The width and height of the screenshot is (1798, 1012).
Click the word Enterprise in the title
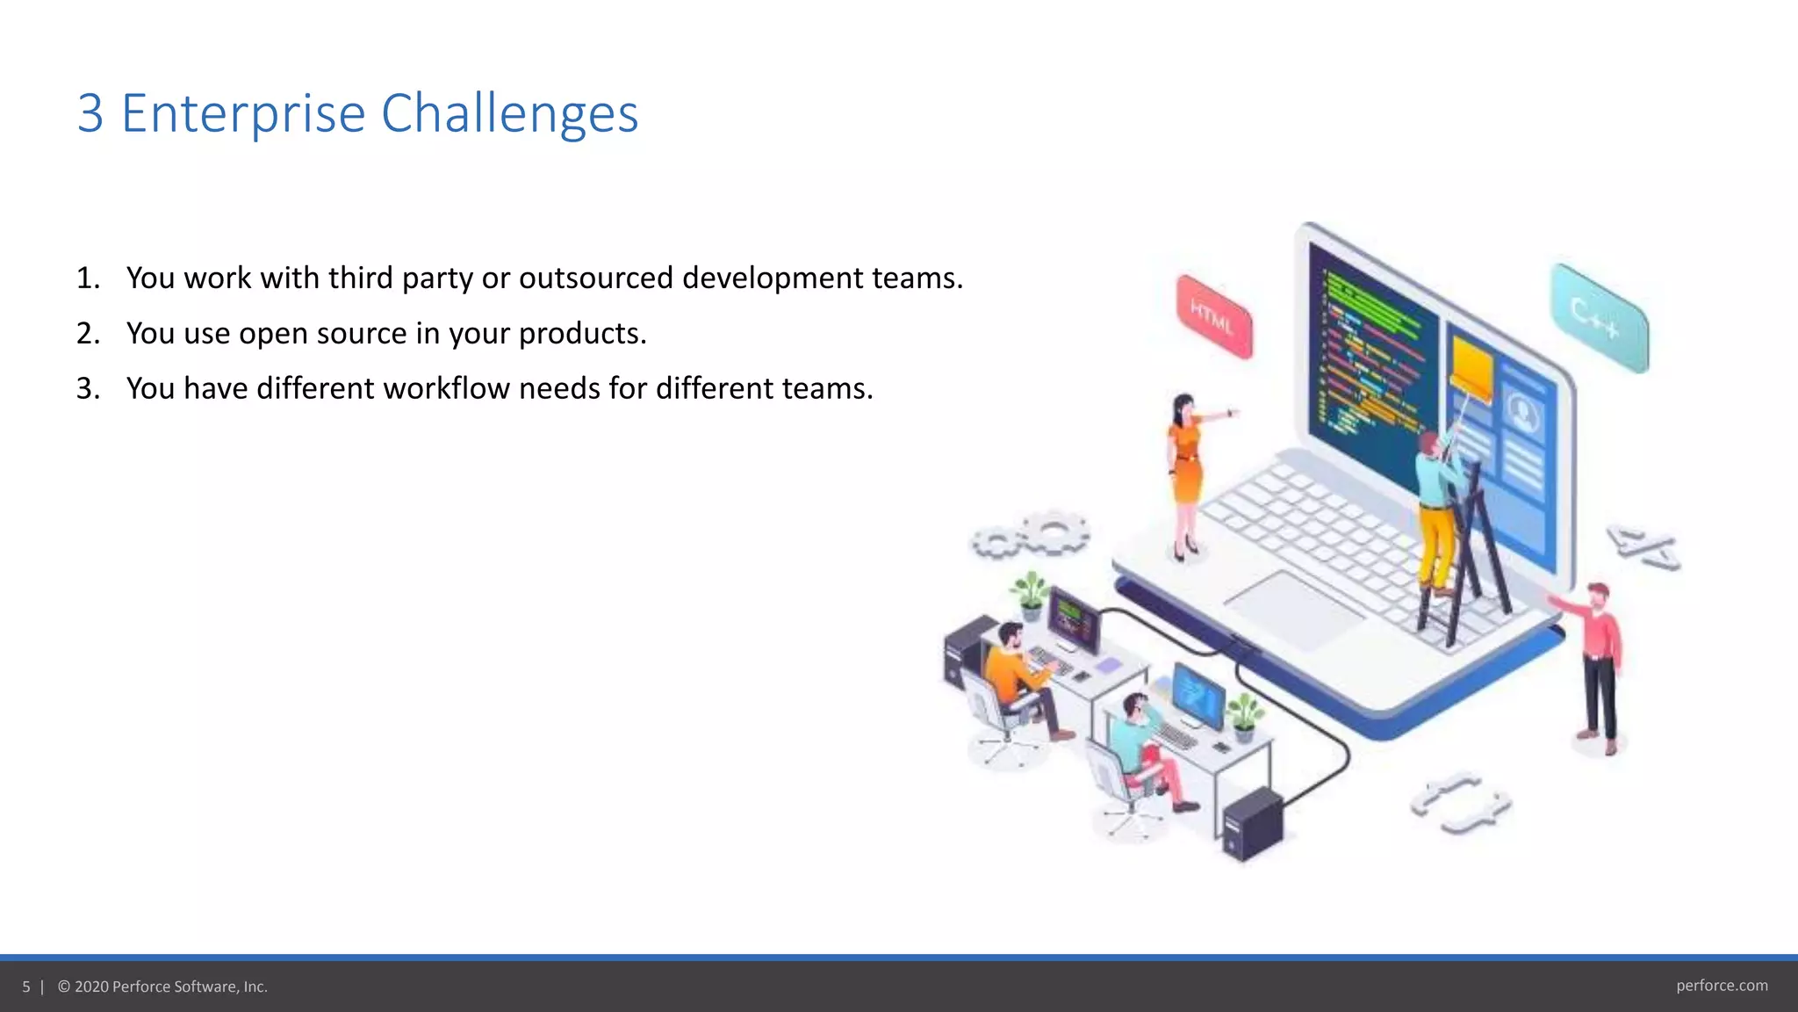tap(242, 114)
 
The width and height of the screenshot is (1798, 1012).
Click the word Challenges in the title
tap(509, 114)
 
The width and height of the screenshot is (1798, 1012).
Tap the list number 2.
tap(87, 334)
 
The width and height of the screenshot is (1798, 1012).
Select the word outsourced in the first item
tap(595, 278)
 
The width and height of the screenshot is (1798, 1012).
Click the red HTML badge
tap(1214, 317)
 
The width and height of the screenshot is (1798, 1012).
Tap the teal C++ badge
tap(1599, 317)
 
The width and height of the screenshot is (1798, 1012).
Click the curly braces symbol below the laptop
tap(1460, 802)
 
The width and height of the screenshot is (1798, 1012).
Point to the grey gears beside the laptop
tap(1032, 535)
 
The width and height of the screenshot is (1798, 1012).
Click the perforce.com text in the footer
tap(1722, 986)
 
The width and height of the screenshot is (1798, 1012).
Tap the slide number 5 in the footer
tap(26, 987)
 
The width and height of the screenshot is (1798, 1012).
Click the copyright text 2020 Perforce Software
tap(162, 987)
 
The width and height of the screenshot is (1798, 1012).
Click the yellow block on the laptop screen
tap(1472, 369)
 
